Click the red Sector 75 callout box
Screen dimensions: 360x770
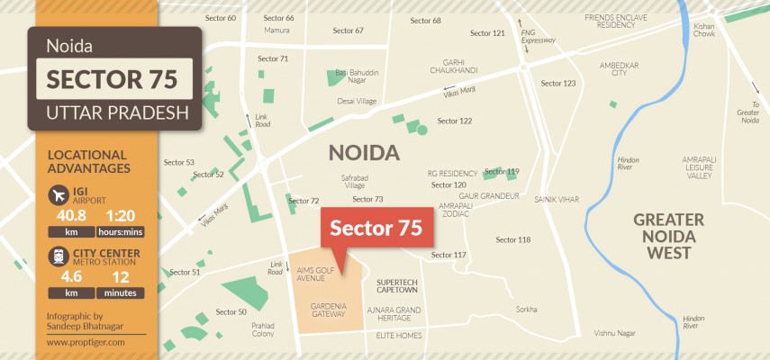[376, 228]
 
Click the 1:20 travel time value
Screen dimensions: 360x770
[122, 216]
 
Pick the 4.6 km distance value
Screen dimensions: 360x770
[64, 278]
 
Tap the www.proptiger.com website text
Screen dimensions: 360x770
[86, 342]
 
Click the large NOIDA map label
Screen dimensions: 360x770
[364, 152]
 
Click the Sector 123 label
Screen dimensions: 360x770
[557, 83]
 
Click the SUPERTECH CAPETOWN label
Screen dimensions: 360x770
[396, 285]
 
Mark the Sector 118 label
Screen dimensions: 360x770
[512, 239]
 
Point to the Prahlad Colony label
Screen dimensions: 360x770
[263, 328]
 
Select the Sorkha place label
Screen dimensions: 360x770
[526, 309]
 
